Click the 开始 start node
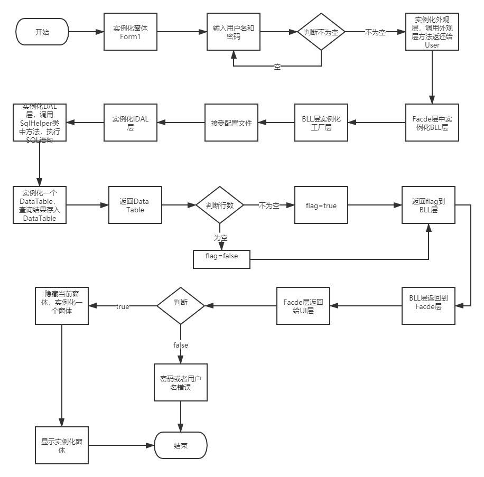(43, 32)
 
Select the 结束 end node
(181, 445)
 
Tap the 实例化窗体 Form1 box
(131, 32)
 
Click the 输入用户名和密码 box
(233, 32)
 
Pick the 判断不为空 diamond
(321, 32)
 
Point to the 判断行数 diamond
(220, 205)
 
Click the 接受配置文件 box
(231, 123)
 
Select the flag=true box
(321, 205)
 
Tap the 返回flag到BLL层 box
(428, 205)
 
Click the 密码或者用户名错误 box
(181, 382)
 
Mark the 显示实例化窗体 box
(62, 445)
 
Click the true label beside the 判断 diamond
(122, 306)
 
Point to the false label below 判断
(181, 345)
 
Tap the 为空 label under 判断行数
(220, 238)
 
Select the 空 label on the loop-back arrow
(277, 66)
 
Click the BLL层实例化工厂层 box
(321, 123)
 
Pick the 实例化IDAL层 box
(131, 123)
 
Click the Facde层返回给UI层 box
(304, 306)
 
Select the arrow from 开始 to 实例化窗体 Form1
(86, 32)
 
